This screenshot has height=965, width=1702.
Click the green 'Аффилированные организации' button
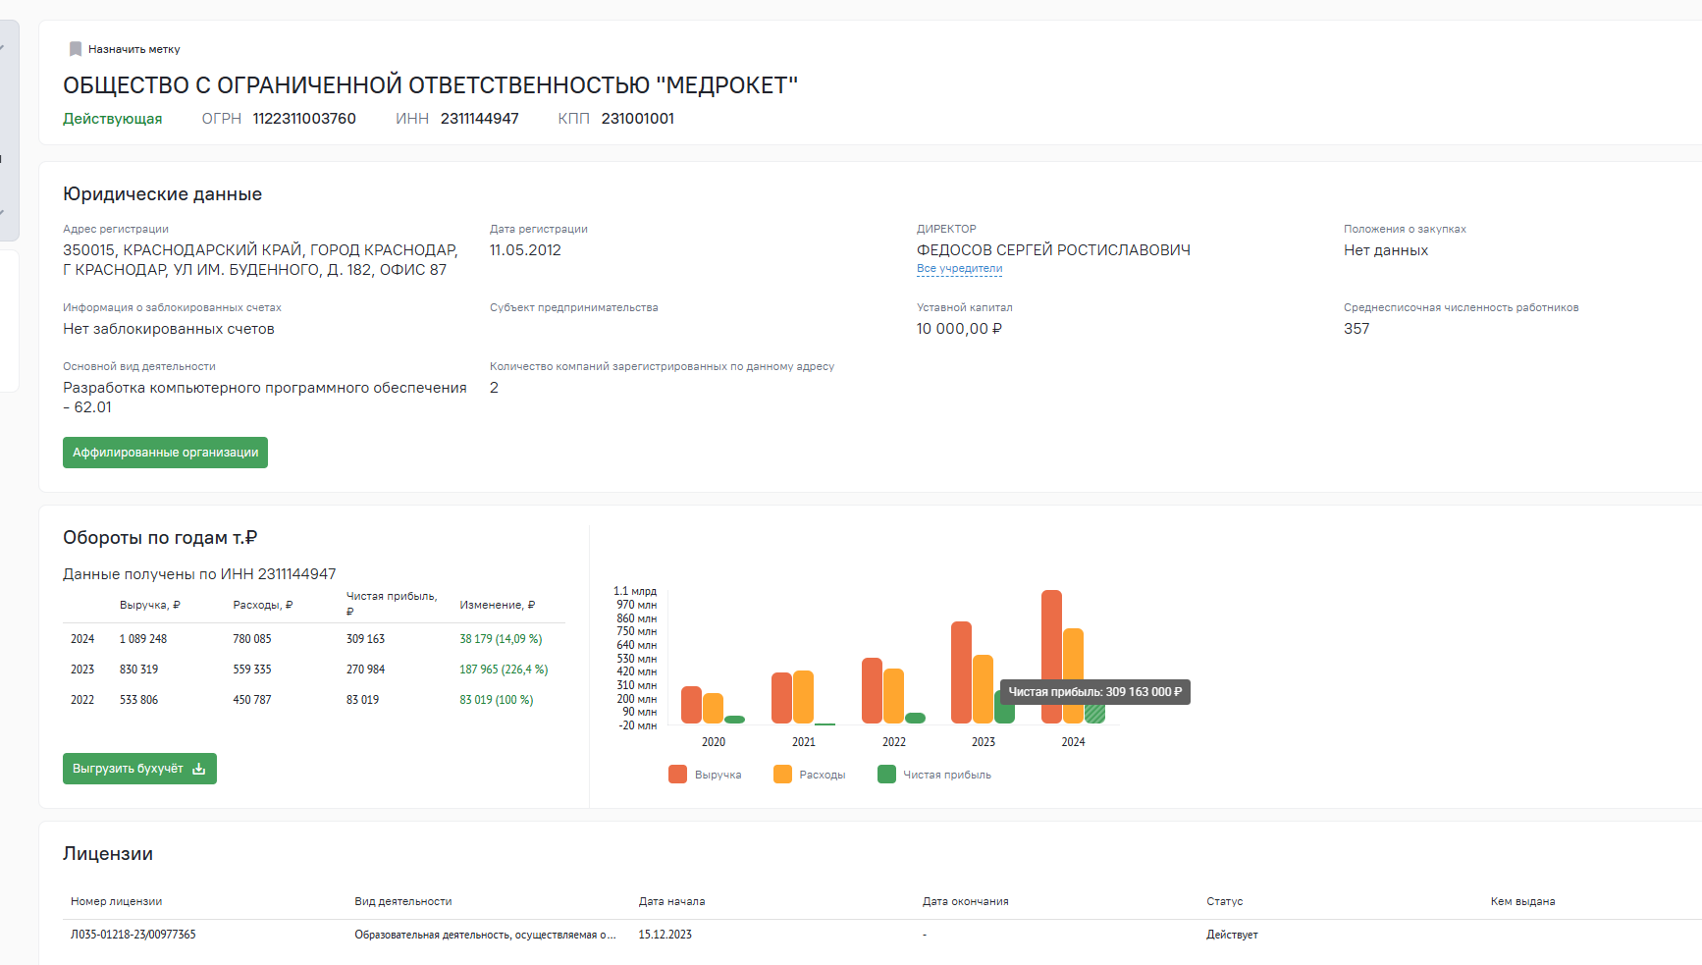(165, 453)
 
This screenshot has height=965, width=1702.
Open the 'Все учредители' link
(959, 269)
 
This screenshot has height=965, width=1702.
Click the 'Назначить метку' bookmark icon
(76, 49)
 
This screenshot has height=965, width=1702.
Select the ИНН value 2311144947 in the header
(479, 119)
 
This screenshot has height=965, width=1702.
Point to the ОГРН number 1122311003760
(304, 119)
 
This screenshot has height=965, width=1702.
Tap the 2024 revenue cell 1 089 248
(143, 639)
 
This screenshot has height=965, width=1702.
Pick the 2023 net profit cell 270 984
(365, 670)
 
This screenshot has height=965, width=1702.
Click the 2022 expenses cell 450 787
(252, 700)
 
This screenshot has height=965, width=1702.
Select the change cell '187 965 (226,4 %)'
(504, 670)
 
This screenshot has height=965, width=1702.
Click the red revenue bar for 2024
(1051, 657)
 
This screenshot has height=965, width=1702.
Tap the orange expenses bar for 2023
(983, 689)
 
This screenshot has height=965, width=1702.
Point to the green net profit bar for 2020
(734, 720)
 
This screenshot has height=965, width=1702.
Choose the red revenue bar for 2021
(781, 698)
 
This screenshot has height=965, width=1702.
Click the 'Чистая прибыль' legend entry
(934, 775)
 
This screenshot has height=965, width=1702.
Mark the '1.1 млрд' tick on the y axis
(635, 591)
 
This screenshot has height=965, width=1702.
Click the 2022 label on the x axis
(894, 742)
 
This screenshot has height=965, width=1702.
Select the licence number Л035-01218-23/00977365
(133, 935)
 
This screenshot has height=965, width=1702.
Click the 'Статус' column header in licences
(1225, 901)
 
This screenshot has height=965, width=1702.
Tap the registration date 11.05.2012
(525, 250)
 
